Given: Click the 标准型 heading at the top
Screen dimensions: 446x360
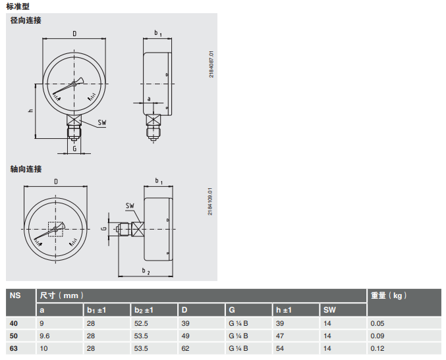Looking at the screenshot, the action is point(18,6).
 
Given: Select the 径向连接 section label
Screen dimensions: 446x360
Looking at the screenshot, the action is point(26,20).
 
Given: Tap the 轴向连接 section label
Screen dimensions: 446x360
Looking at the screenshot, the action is point(26,169).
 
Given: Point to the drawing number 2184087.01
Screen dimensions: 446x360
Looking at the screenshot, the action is point(211,64).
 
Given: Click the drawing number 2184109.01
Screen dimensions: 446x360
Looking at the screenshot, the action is point(210,201).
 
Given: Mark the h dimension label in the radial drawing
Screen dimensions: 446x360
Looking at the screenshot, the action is point(31,111).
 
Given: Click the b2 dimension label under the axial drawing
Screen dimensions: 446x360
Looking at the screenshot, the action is point(146,270).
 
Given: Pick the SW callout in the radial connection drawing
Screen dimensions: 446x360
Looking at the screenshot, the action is point(102,122).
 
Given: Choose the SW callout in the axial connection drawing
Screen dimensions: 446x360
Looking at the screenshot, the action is point(130,205).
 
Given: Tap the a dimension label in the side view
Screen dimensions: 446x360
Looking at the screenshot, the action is point(149,99).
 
